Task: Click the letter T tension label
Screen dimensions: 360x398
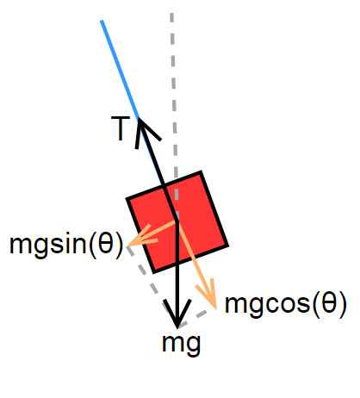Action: pyautogui.click(x=121, y=128)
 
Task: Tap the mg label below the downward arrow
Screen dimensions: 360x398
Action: pyautogui.click(x=182, y=345)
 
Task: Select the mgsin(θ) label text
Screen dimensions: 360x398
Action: pyautogui.click(x=66, y=244)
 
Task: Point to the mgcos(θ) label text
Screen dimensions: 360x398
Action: pyautogui.click(x=286, y=304)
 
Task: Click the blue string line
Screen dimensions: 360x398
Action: pyautogui.click(x=120, y=69)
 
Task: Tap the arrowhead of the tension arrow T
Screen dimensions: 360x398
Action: pyautogui.click(x=140, y=119)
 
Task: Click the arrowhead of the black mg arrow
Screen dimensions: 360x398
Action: pyautogui.click(x=177, y=327)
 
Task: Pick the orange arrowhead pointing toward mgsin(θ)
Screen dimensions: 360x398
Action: pyautogui.click(x=127, y=246)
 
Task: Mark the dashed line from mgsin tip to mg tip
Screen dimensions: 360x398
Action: pyautogui.click(x=152, y=286)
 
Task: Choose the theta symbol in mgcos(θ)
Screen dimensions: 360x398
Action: pyautogui.click(x=329, y=302)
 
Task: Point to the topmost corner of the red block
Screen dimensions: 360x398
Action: pyautogui.click(x=201, y=171)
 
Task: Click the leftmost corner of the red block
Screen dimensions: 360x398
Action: pyautogui.click(x=127, y=199)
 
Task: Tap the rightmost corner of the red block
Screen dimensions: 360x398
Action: pyautogui.click(x=228, y=246)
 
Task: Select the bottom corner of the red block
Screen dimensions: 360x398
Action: pyautogui.click(x=154, y=272)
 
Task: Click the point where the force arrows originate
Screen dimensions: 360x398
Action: pyautogui.click(x=177, y=221)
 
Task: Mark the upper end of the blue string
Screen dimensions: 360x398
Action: pyautogui.click(x=102, y=21)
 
